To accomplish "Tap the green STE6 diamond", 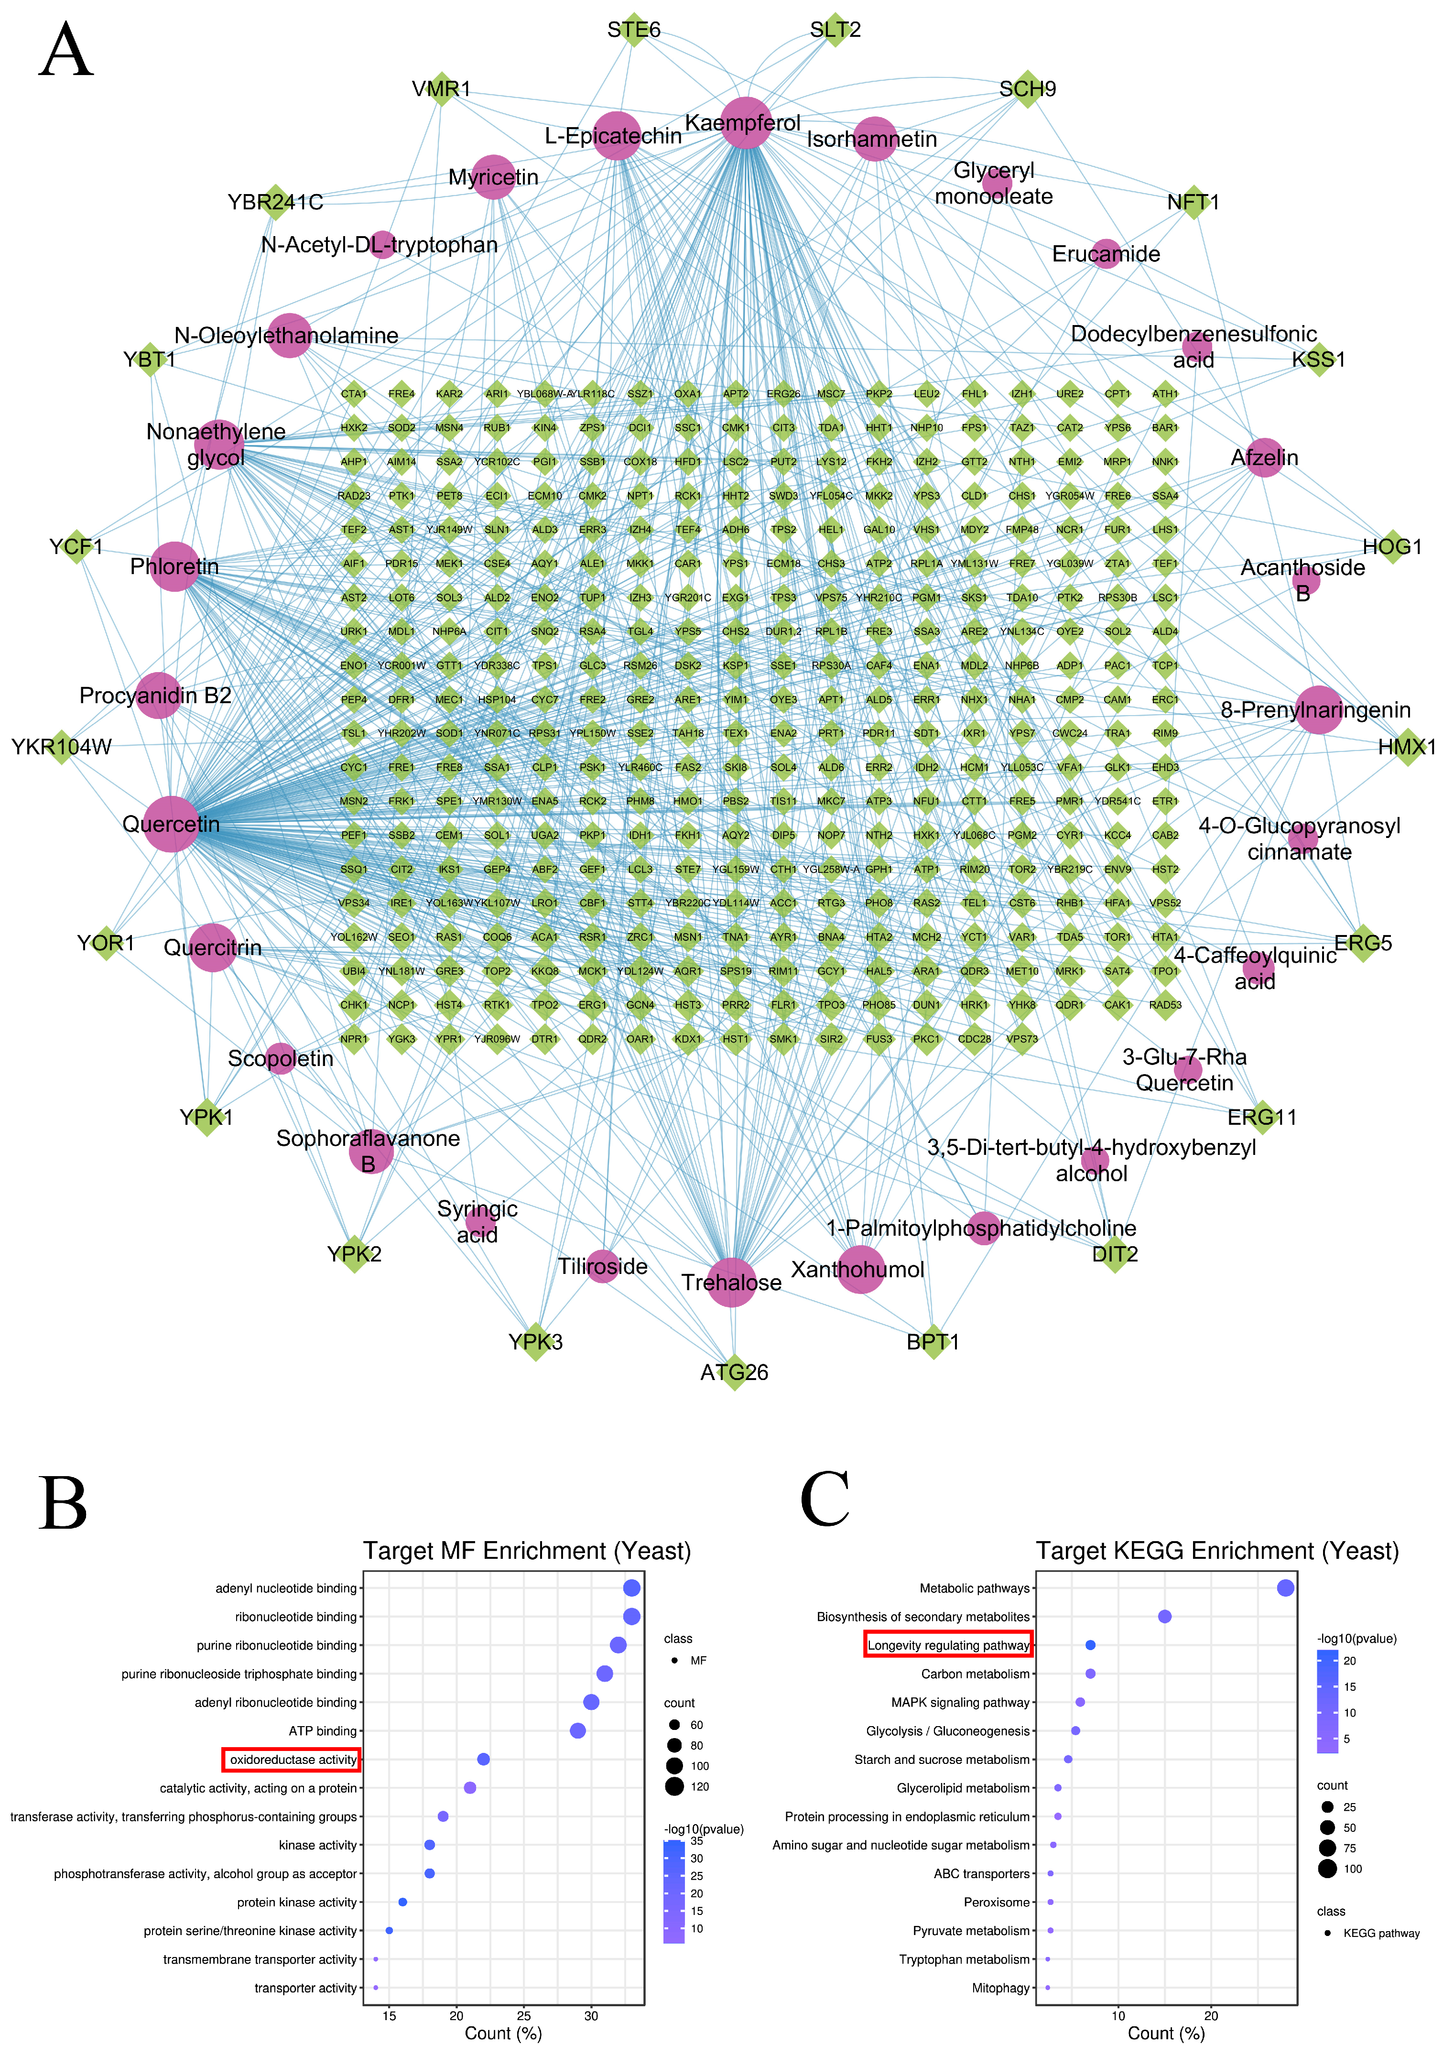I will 634,30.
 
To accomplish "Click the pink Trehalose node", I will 731,1282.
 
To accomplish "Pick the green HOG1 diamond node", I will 1392,546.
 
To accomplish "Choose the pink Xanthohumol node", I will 860,1269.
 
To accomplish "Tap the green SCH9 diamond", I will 1028,88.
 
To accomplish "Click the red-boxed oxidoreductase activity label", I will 292,1760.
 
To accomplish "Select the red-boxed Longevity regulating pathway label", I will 948,1645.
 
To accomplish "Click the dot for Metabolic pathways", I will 1285,1588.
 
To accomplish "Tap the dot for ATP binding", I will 577,1731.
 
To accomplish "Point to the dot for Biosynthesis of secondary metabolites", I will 1165,1617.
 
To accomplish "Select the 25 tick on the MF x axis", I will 524,2016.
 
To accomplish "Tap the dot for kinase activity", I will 430,1845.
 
